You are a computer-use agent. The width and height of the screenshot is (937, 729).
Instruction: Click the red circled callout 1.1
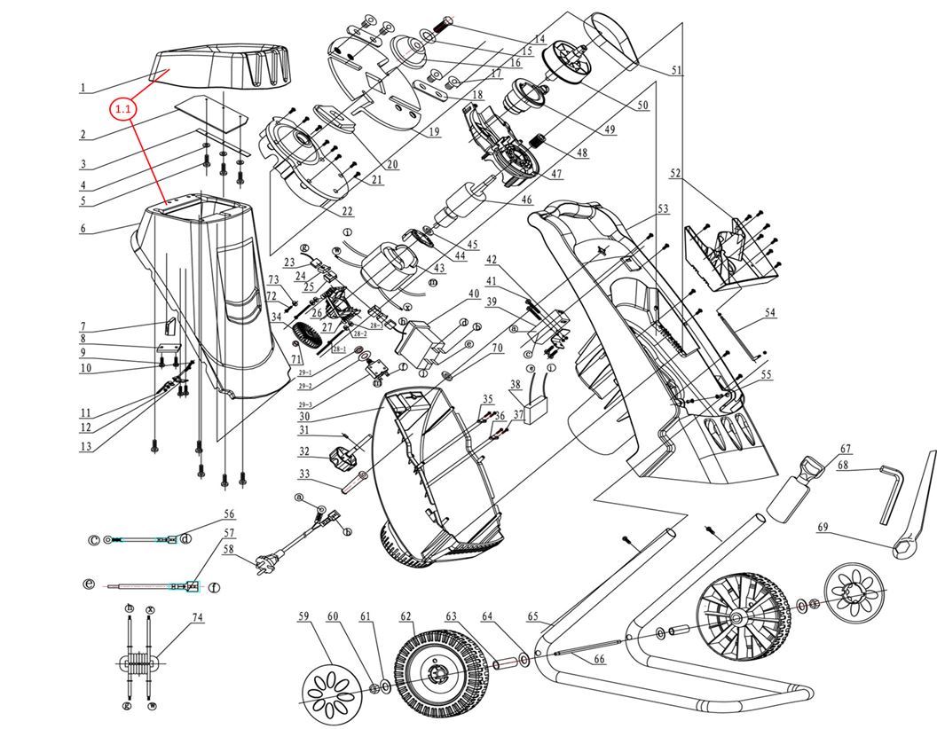(x=122, y=109)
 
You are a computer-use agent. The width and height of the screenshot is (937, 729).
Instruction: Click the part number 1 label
(x=83, y=88)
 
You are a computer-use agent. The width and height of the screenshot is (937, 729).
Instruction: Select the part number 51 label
(x=678, y=71)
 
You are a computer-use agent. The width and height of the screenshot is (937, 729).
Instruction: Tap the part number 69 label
(x=823, y=528)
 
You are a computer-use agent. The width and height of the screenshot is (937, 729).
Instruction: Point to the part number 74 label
(x=199, y=617)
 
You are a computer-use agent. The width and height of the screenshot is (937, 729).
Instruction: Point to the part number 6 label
(x=83, y=229)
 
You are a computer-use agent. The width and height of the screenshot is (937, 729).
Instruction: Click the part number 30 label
(x=303, y=416)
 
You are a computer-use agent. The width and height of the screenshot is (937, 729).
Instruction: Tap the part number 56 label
(x=229, y=513)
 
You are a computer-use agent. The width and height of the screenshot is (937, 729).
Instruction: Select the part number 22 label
(x=347, y=210)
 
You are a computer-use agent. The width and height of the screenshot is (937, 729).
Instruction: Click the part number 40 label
(x=474, y=294)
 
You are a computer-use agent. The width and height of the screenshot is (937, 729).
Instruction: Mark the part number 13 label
(x=85, y=447)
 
